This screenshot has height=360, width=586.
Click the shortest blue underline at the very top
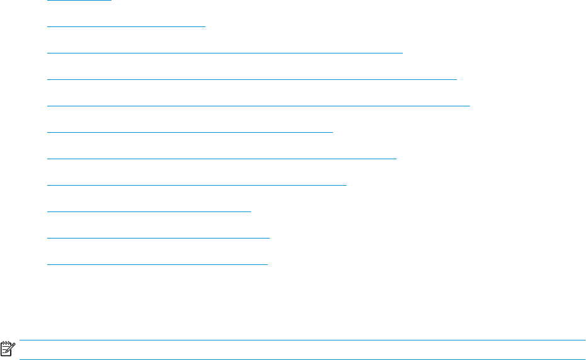79,1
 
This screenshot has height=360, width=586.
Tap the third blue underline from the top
225,53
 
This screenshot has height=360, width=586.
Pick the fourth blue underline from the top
252,80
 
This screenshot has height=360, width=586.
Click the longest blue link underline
259,106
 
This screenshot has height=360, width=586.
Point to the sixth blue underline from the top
190,133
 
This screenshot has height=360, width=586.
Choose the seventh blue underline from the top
222,159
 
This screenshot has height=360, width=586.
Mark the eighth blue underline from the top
197,186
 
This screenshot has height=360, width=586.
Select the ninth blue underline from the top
149,212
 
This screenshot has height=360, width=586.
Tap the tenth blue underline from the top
159,239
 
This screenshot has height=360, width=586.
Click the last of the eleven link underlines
157,265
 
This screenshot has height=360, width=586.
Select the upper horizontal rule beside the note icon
302,340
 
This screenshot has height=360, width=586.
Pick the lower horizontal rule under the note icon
302,359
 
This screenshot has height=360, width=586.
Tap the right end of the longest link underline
469,106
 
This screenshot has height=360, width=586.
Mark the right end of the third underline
402,53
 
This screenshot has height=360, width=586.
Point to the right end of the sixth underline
332,133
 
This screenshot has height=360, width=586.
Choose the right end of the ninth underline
251,212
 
